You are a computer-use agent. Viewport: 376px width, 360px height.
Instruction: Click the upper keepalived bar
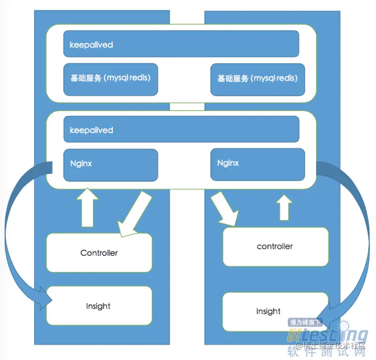[x=181, y=44]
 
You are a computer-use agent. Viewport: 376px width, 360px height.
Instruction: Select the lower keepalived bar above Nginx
[x=181, y=129]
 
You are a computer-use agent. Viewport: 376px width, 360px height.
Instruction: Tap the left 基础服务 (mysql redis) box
[x=110, y=79]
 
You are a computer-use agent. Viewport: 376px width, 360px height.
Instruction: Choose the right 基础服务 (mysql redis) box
[x=258, y=79]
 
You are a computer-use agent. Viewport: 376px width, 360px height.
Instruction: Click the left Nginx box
[x=110, y=165]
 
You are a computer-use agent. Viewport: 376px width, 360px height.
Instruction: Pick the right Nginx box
[x=258, y=165]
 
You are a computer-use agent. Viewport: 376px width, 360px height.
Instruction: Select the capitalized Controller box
[x=99, y=253]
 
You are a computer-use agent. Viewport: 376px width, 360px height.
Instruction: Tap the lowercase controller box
[x=275, y=247]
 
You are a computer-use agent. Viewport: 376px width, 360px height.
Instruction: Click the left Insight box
[x=99, y=306]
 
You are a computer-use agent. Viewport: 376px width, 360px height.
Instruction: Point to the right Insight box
[x=268, y=311]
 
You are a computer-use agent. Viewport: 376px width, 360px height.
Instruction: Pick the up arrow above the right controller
[x=283, y=208]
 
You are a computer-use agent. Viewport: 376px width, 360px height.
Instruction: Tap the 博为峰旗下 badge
[x=305, y=323]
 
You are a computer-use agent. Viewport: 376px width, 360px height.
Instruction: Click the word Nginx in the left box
[x=81, y=164]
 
